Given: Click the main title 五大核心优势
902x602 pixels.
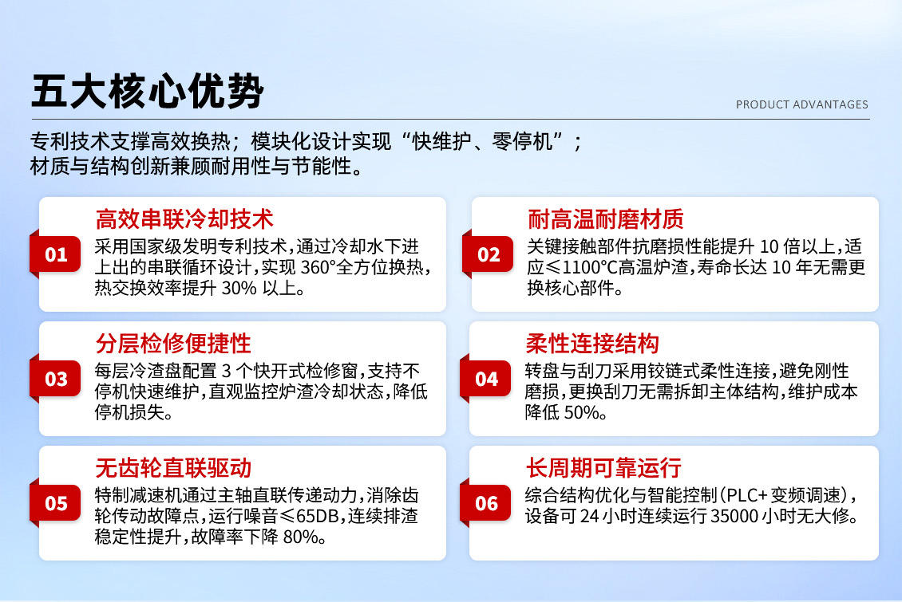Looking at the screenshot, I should coord(148,92).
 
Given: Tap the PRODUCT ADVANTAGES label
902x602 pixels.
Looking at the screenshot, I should coord(801,104).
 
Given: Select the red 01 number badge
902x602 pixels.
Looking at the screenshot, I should coord(56,255).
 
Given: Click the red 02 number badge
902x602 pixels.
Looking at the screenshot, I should coord(489,255).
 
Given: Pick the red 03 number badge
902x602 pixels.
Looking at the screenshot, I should coord(56,379).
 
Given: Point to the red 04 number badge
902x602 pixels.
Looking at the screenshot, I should coord(487,379).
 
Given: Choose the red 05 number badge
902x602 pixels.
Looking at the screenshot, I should coord(56,503).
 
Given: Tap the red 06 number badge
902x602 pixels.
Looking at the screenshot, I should coord(487,503).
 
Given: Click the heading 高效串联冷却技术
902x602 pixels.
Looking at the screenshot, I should coord(184,218).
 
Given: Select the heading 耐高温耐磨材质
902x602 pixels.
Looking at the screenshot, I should coord(606,218).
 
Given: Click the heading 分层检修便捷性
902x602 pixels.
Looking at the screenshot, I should coord(173,343).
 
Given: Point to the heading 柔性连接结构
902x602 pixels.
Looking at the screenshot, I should coord(592,343).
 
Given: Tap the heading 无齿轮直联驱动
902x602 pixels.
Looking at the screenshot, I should coord(173,467).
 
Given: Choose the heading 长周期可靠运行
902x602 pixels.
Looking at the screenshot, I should coord(603,467).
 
